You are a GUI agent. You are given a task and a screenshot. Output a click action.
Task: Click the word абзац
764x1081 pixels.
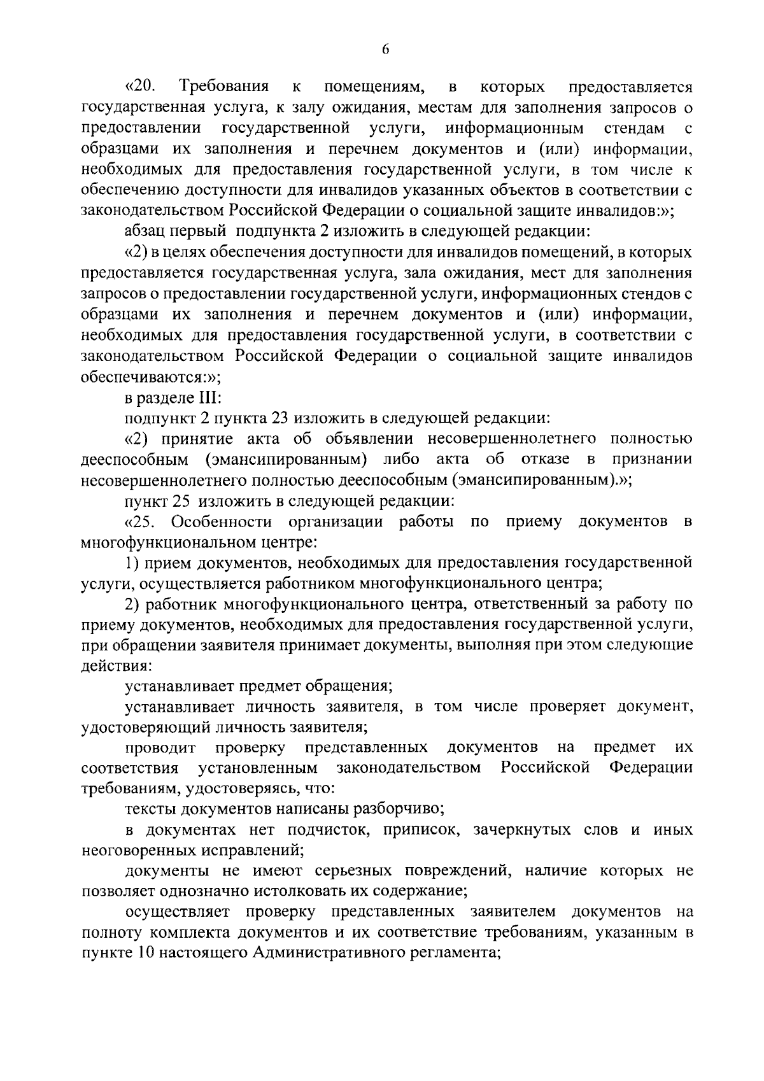[x=141, y=232]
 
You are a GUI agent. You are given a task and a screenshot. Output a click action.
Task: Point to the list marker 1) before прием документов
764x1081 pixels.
[x=132, y=563]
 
